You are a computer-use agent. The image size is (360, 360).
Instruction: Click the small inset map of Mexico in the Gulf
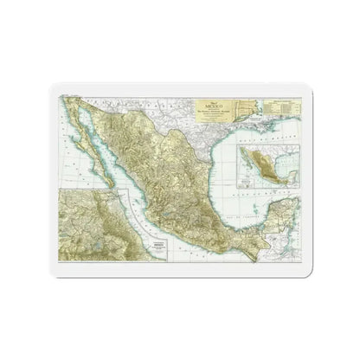266,169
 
